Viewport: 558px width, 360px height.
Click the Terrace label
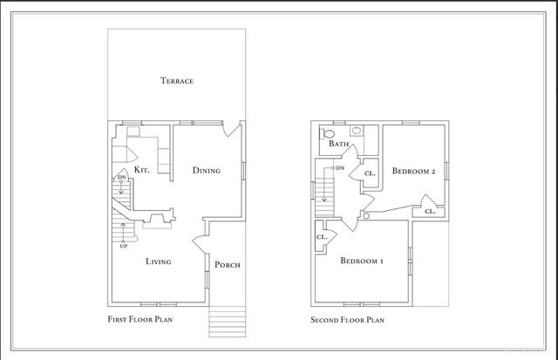tap(177, 81)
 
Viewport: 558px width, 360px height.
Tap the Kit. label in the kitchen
tap(141, 170)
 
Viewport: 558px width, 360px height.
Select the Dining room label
tap(207, 170)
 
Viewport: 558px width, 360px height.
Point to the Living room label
tap(159, 262)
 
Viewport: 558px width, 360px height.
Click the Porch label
tap(228, 265)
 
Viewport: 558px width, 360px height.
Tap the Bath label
tap(339, 144)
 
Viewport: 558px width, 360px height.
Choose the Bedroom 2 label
tap(414, 171)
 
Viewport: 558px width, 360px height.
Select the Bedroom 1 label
tap(362, 261)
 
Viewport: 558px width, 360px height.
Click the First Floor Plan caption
tap(140, 319)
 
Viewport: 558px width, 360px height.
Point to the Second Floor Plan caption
tap(347, 320)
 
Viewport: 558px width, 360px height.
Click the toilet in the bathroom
tap(328, 134)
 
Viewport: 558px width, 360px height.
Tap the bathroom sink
tap(357, 131)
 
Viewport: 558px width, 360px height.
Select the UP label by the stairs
tap(124, 246)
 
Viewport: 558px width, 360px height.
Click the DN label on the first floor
tap(122, 177)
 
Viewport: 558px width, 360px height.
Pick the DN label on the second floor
tap(340, 168)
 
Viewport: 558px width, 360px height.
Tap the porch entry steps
tap(228, 323)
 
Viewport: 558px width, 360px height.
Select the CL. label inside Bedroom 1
tap(322, 237)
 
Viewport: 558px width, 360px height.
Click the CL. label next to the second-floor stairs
tap(370, 173)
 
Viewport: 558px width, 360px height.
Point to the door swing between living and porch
tap(200, 242)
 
